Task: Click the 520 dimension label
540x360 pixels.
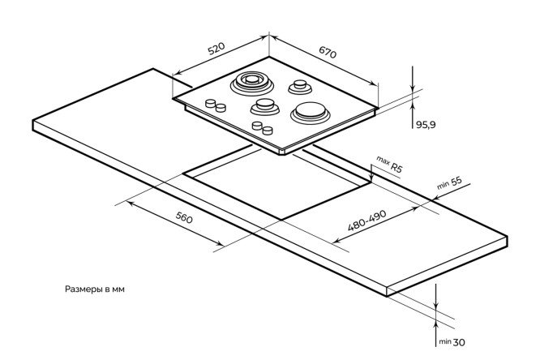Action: [215, 50]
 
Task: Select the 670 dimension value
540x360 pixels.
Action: [327, 53]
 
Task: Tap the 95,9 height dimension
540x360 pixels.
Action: [426, 124]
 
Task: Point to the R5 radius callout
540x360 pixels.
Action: [396, 168]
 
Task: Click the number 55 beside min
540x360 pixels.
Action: [456, 182]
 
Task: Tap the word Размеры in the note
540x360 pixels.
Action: [82, 289]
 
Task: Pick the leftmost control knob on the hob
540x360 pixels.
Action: [211, 103]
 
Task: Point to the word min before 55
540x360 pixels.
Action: [442, 187]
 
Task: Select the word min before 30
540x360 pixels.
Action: [445, 342]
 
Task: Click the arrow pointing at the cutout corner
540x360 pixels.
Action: [371, 178]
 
